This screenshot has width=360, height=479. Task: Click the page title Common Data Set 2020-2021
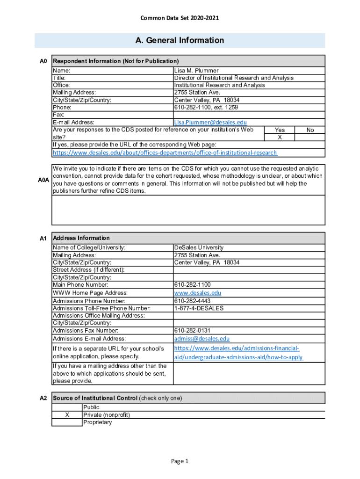(180, 18)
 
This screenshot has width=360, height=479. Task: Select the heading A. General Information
(180, 40)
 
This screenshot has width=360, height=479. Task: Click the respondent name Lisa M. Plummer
(196, 71)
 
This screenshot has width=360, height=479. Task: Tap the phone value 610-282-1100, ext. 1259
(206, 108)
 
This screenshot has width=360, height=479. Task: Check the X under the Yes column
(280, 138)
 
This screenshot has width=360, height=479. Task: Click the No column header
(310, 130)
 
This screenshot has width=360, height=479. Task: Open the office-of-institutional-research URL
(165, 153)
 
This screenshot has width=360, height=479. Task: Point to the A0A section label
(43, 180)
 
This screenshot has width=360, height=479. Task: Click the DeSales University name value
(199, 247)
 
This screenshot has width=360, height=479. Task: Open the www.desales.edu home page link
(197, 293)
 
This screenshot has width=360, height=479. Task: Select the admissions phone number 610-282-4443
(192, 301)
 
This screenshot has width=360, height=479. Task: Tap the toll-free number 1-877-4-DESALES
(199, 308)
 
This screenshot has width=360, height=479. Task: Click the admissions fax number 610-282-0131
(192, 331)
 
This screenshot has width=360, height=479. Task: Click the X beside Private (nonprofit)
(67, 415)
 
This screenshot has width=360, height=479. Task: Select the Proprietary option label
(97, 422)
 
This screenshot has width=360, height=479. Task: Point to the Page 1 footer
(180, 462)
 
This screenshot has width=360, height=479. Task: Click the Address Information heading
(81, 238)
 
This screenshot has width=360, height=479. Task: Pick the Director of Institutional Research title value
(234, 78)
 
